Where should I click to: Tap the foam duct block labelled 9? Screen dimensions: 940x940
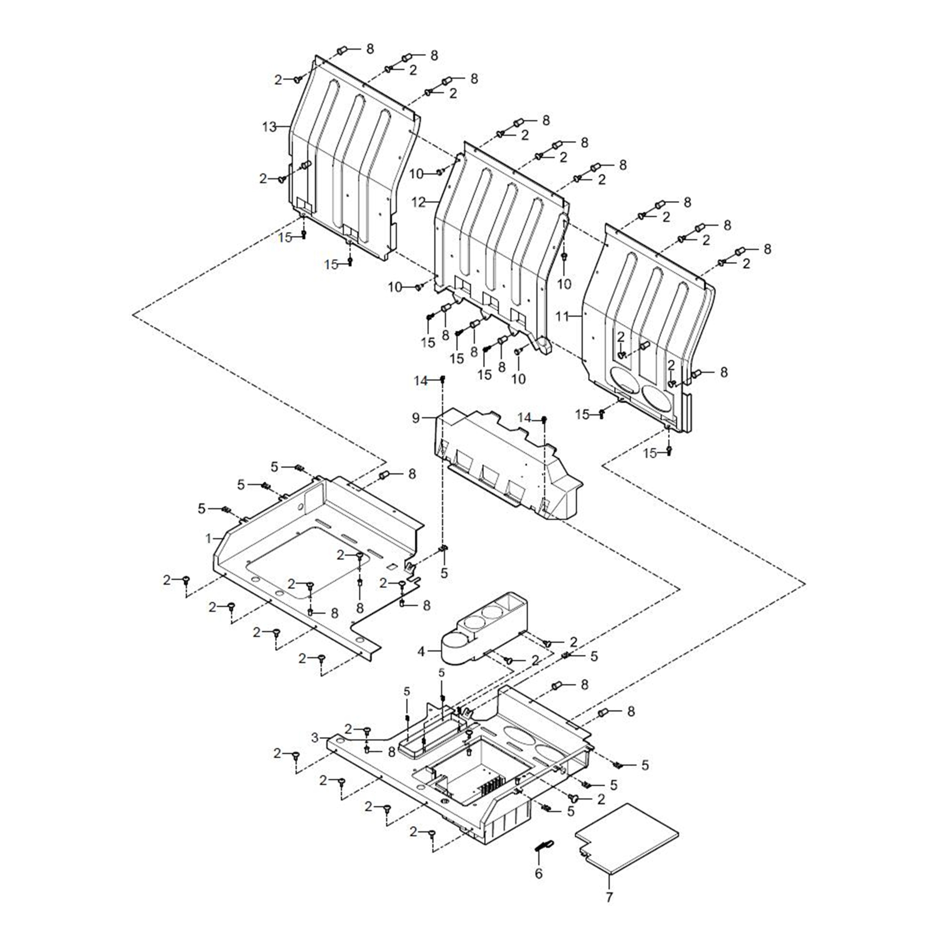(x=506, y=467)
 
